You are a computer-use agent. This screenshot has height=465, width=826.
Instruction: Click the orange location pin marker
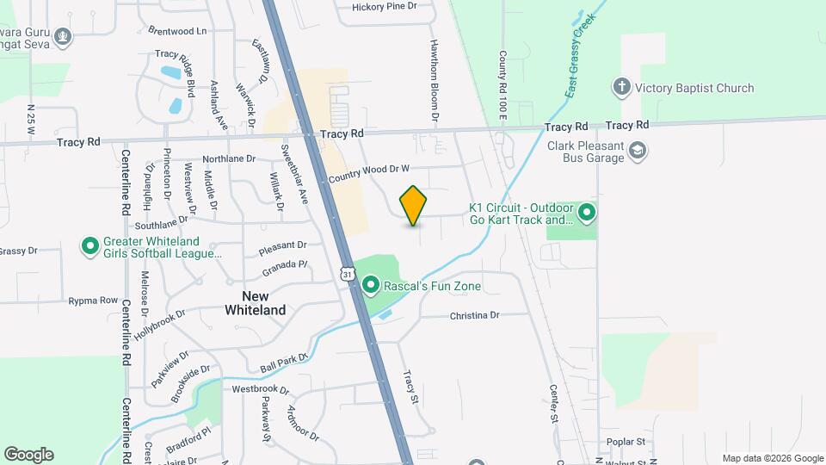pyautogui.click(x=413, y=205)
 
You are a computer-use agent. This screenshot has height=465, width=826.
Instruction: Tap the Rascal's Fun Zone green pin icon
pyautogui.click(x=371, y=284)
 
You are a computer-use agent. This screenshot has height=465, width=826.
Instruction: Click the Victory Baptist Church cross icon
pyautogui.click(x=621, y=87)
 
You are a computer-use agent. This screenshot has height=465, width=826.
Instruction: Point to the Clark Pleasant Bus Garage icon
pyautogui.click(x=638, y=152)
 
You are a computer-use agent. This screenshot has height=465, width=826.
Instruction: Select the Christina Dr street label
pyautogui.click(x=474, y=316)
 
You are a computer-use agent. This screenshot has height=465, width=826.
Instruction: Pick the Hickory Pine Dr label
pyautogui.click(x=384, y=6)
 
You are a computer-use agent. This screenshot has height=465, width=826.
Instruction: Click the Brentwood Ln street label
pyautogui.click(x=178, y=30)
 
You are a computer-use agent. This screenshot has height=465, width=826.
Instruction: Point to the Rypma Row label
pyautogui.click(x=95, y=301)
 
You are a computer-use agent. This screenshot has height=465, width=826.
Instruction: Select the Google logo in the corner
pyautogui.click(x=28, y=455)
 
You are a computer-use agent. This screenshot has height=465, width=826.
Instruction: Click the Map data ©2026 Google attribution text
pyautogui.click(x=772, y=458)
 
